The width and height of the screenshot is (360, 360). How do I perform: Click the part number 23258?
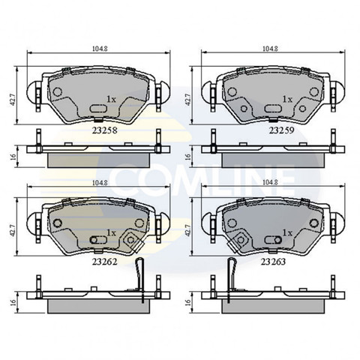104,130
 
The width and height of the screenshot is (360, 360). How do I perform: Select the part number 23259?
281,130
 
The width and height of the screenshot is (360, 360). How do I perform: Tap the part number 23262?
104,262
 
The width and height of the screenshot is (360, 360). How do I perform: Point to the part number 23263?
273,262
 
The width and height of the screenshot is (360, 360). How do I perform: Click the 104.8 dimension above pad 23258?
100,49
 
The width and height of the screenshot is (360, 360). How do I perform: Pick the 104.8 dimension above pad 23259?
270,49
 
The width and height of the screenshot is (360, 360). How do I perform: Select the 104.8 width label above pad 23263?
270,182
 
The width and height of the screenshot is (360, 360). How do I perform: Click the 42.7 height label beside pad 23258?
13,100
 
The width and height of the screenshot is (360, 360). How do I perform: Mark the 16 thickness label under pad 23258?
13,157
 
